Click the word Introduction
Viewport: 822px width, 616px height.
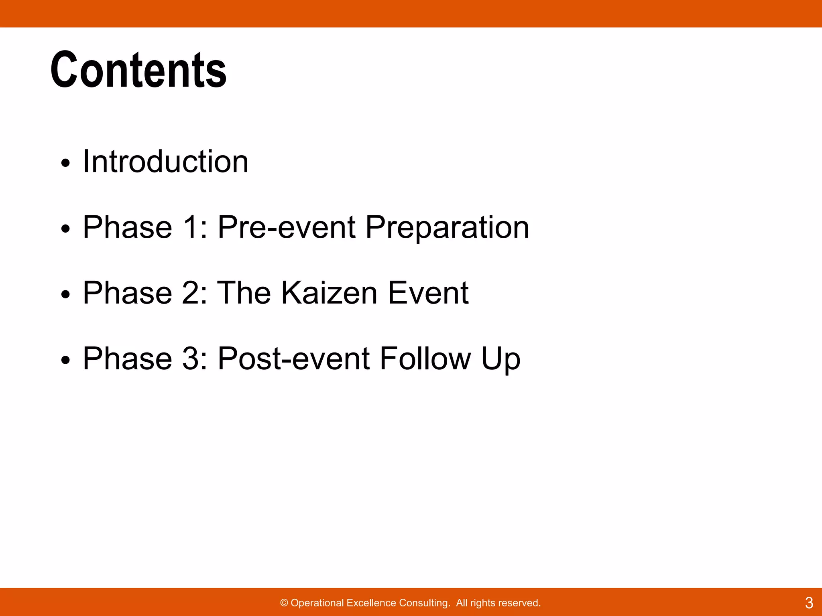[165, 162]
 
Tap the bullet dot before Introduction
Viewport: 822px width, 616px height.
[65, 163]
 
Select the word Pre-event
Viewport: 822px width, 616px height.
[287, 227]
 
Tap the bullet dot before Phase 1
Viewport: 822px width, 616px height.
[65, 229]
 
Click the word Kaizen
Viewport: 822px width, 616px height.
[329, 293]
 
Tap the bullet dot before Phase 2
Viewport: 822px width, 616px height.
[65, 295]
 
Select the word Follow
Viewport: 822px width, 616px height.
[425, 359]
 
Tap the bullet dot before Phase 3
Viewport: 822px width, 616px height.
[65, 361]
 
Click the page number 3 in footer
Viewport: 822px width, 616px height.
[809, 603]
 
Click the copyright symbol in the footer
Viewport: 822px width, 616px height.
[284, 603]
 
